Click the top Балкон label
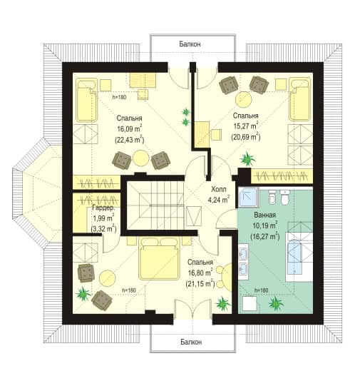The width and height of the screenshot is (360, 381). pyautogui.click(x=190, y=44)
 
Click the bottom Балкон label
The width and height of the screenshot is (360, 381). pyautogui.click(x=191, y=342)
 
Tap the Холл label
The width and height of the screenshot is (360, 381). pyautogui.click(x=219, y=189)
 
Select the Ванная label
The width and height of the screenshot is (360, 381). pyautogui.click(x=265, y=215)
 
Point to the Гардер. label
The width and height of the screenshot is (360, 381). pyautogui.click(x=103, y=208)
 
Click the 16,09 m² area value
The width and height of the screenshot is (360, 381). pyautogui.click(x=130, y=128)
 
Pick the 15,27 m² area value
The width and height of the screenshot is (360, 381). pyautogui.click(x=246, y=126)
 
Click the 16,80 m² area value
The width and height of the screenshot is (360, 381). pyautogui.click(x=200, y=273)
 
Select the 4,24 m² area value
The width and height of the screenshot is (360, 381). pyautogui.click(x=219, y=200)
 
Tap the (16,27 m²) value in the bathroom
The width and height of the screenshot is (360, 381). pyautogui.click(x=265, y=236)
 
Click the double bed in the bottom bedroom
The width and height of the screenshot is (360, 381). pyautogui.click(x=159, y=259)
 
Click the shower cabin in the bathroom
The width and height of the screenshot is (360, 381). pyautogui.click(x=248, y=197)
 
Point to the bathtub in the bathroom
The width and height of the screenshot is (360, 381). pyautogui.click(x=294, y=258)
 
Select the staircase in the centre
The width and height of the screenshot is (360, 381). pyautogui.click(x=155, y=205)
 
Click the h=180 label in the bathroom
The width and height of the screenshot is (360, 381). pyautogui.click(x=261, y=290)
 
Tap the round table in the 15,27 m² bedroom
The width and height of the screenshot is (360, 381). pyautogui.click(x=244, y=99)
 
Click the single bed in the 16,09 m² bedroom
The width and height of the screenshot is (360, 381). pyautogui.click(x=87, y=100)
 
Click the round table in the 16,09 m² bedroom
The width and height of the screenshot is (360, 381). pyautogui.click(x=140, y=158)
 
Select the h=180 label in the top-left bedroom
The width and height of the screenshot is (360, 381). pyautogui.click(x=120, y=98)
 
